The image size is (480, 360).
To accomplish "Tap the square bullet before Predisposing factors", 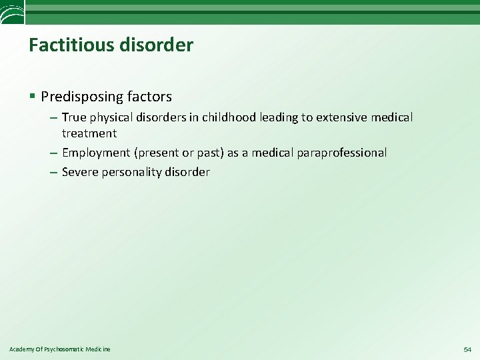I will [x=33, y=97].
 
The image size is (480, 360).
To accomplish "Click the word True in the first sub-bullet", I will [x=74, y=117].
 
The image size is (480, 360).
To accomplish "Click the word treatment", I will [x=89, y=133].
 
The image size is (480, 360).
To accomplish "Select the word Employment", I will [x=97, y=153].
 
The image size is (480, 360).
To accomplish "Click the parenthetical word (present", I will [x=158, y=153].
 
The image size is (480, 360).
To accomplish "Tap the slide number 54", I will [x=466, y=349].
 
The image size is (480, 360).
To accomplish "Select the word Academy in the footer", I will [x=20, y=349].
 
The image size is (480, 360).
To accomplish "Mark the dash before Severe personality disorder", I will [x=53, y=172].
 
